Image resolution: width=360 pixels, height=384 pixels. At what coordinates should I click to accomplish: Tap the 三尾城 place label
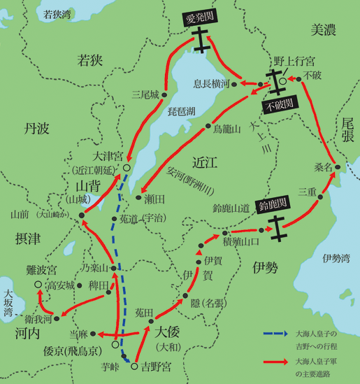[145, 93]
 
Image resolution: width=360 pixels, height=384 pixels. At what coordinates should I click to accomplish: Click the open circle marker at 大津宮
[127, 169]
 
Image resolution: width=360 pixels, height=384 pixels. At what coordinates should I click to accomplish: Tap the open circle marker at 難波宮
[37, 285]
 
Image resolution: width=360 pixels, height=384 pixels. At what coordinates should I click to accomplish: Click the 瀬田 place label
[154, 198]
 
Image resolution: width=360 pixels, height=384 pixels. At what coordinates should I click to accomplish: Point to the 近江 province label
[208, 161]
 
